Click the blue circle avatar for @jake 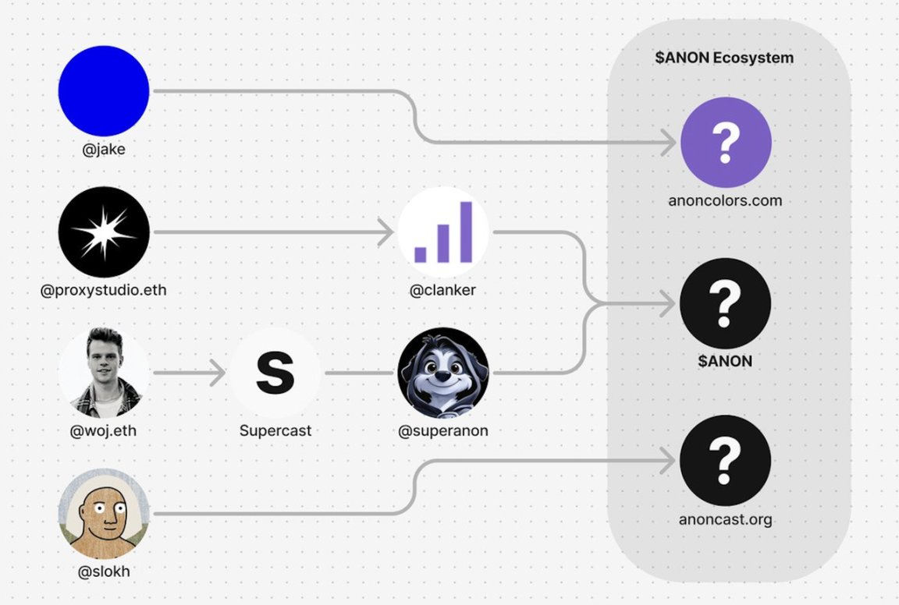(104, 90)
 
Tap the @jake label (104, 149)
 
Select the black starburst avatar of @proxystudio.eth (104, 232)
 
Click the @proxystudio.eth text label (104, 291)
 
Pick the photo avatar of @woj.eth (104, 373)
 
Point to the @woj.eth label (104, 430)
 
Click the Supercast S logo (275, 373)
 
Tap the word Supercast (275, 430)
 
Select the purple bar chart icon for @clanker (443, 232)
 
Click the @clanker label (443, 291)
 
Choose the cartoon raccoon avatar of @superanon (443, 373)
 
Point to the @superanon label (443, 430)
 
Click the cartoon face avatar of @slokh (104, 514)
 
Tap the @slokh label (104, 571)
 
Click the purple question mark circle (726, 143)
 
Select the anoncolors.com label (725, 200)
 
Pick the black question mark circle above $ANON (726, 303)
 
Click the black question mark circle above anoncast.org (726, 461)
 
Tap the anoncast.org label (725, 519)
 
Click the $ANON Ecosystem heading (724, 58)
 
